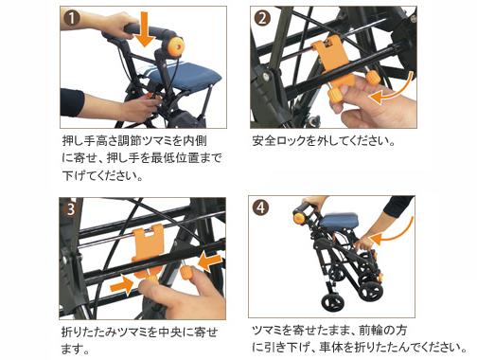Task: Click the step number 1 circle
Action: coord(71,17)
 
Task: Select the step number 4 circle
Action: coord(262,207)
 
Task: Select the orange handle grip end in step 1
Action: coord(176,45)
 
